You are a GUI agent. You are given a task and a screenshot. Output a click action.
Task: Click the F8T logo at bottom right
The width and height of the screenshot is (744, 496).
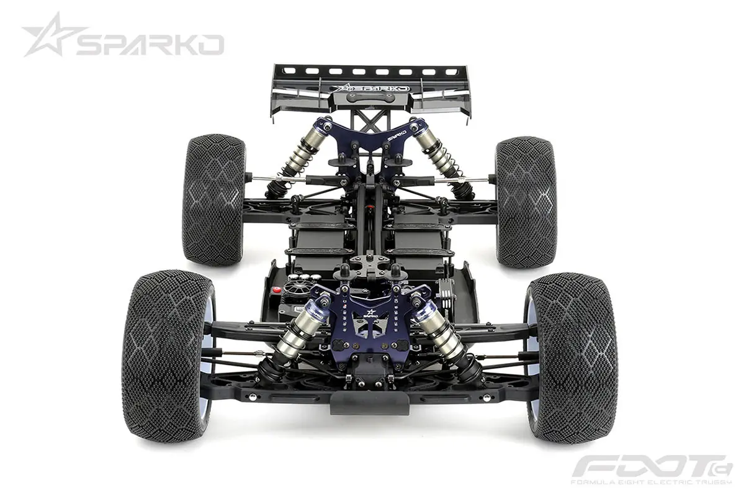coord(652,466)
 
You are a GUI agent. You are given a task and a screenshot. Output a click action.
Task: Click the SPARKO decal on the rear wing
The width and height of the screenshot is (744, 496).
coord(370,88)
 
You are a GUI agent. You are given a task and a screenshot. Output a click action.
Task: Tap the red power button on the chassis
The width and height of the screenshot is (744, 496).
coord(277,290)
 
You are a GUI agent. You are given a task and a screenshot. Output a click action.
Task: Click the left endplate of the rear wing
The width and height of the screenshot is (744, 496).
coord(277,93)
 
